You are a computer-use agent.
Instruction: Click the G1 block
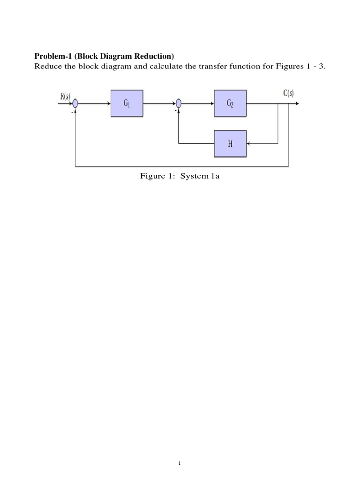point(127,104)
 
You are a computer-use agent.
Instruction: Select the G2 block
point(230,104)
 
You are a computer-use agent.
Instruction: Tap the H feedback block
point(230,143)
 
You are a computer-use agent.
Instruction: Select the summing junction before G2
point(179,104)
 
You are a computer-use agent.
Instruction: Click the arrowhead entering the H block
point(249,143)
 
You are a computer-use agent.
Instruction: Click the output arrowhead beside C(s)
point(298,104)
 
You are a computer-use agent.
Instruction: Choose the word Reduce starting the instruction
point(47,66)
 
